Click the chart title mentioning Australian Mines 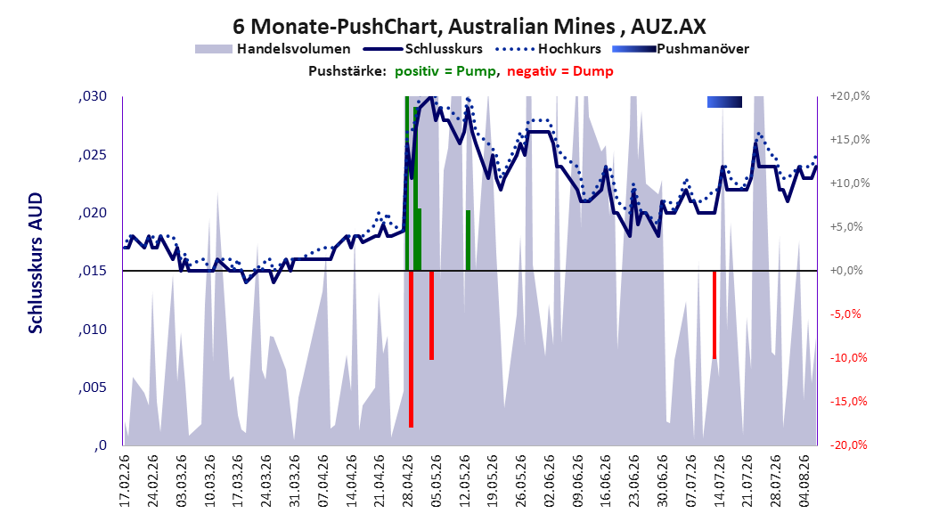click(469, 27)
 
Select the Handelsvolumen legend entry click(274, 49)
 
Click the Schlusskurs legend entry click(423, 49)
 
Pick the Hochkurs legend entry click(548, 49)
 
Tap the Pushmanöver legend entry click(681, 49)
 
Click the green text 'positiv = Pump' click(445, 71)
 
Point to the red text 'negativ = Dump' click(560, 71)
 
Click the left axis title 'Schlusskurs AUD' click(36, 263)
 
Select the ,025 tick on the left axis click(93, 155)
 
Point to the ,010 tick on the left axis click(93, 330)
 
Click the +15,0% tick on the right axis click(850, 140)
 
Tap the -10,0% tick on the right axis click(848, 358)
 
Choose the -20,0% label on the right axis click(848, 445)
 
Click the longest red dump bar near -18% click(411, 349)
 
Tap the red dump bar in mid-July click(714, 314)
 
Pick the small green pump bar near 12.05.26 click(469, 241)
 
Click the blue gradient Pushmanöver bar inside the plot click(724, 102)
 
